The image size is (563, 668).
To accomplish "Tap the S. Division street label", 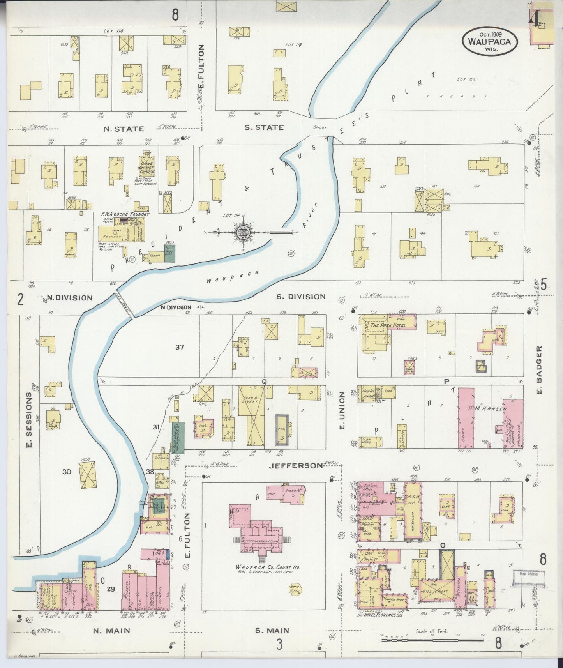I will [x=301, y=297].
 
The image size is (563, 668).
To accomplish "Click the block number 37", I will [x=179, y=347].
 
